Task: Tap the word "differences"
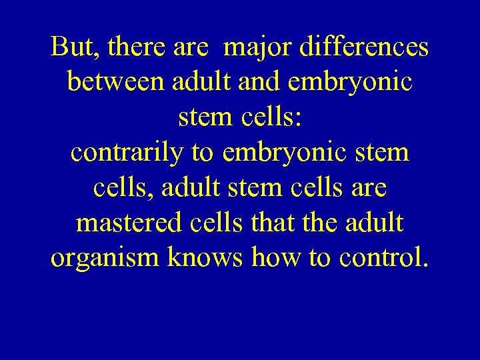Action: [365, 47]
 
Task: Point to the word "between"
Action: [116, 83]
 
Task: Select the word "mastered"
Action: [126, 222]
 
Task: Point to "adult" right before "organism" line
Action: [373, 222]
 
